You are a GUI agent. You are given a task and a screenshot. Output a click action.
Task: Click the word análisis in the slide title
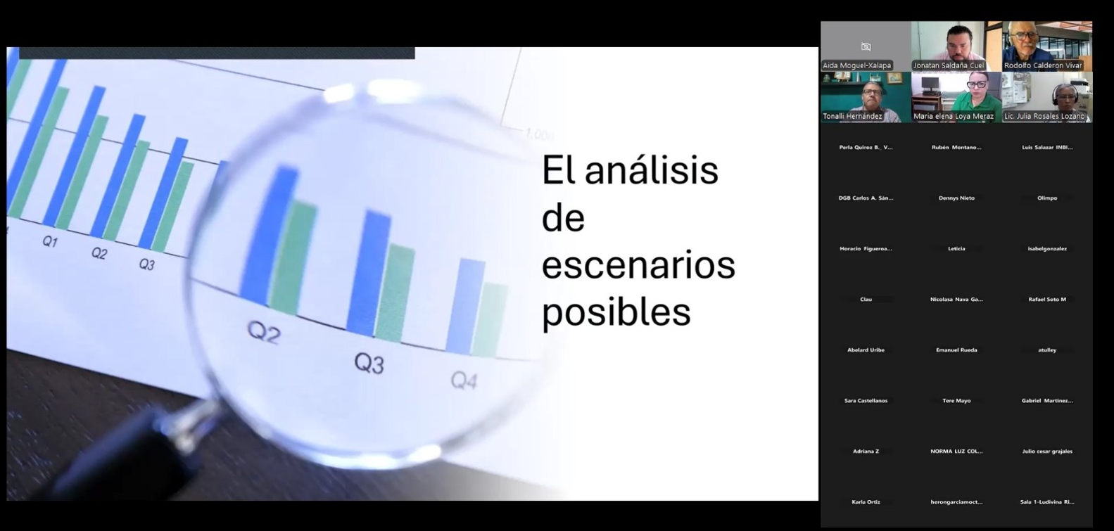coord(652,171)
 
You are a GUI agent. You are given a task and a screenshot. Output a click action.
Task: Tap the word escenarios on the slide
coord(638,265)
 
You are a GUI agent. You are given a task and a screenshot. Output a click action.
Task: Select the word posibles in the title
coord(616,312)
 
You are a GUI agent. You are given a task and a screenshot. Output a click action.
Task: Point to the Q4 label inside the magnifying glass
coord(464,380)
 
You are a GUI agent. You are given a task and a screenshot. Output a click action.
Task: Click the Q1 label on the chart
coord(49,242)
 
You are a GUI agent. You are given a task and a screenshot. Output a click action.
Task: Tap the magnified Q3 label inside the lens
coord(369,363)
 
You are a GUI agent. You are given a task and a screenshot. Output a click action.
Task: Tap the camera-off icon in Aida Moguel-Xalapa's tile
coord(866,47)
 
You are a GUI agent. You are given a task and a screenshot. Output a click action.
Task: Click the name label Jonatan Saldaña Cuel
coord(948,65)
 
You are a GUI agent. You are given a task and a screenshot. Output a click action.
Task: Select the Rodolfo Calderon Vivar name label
coord(1043,65)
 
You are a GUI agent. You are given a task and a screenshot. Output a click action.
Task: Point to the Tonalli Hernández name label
coord(852,116)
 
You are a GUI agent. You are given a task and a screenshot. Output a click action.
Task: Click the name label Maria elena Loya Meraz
coord(954,116)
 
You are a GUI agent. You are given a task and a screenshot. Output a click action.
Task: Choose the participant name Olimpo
coord(1047,198)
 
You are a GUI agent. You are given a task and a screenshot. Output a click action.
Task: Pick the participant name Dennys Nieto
coord(956,198)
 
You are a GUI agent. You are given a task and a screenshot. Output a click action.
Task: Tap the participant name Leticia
coord(956,249)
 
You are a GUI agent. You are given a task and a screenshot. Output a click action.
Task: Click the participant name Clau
coord(866,300)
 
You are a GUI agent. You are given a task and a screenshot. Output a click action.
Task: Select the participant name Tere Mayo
coord(956,401)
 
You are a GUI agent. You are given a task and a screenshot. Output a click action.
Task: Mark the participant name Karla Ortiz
coord(866,502)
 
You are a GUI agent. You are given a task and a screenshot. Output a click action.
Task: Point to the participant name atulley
coord(1047,350)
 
